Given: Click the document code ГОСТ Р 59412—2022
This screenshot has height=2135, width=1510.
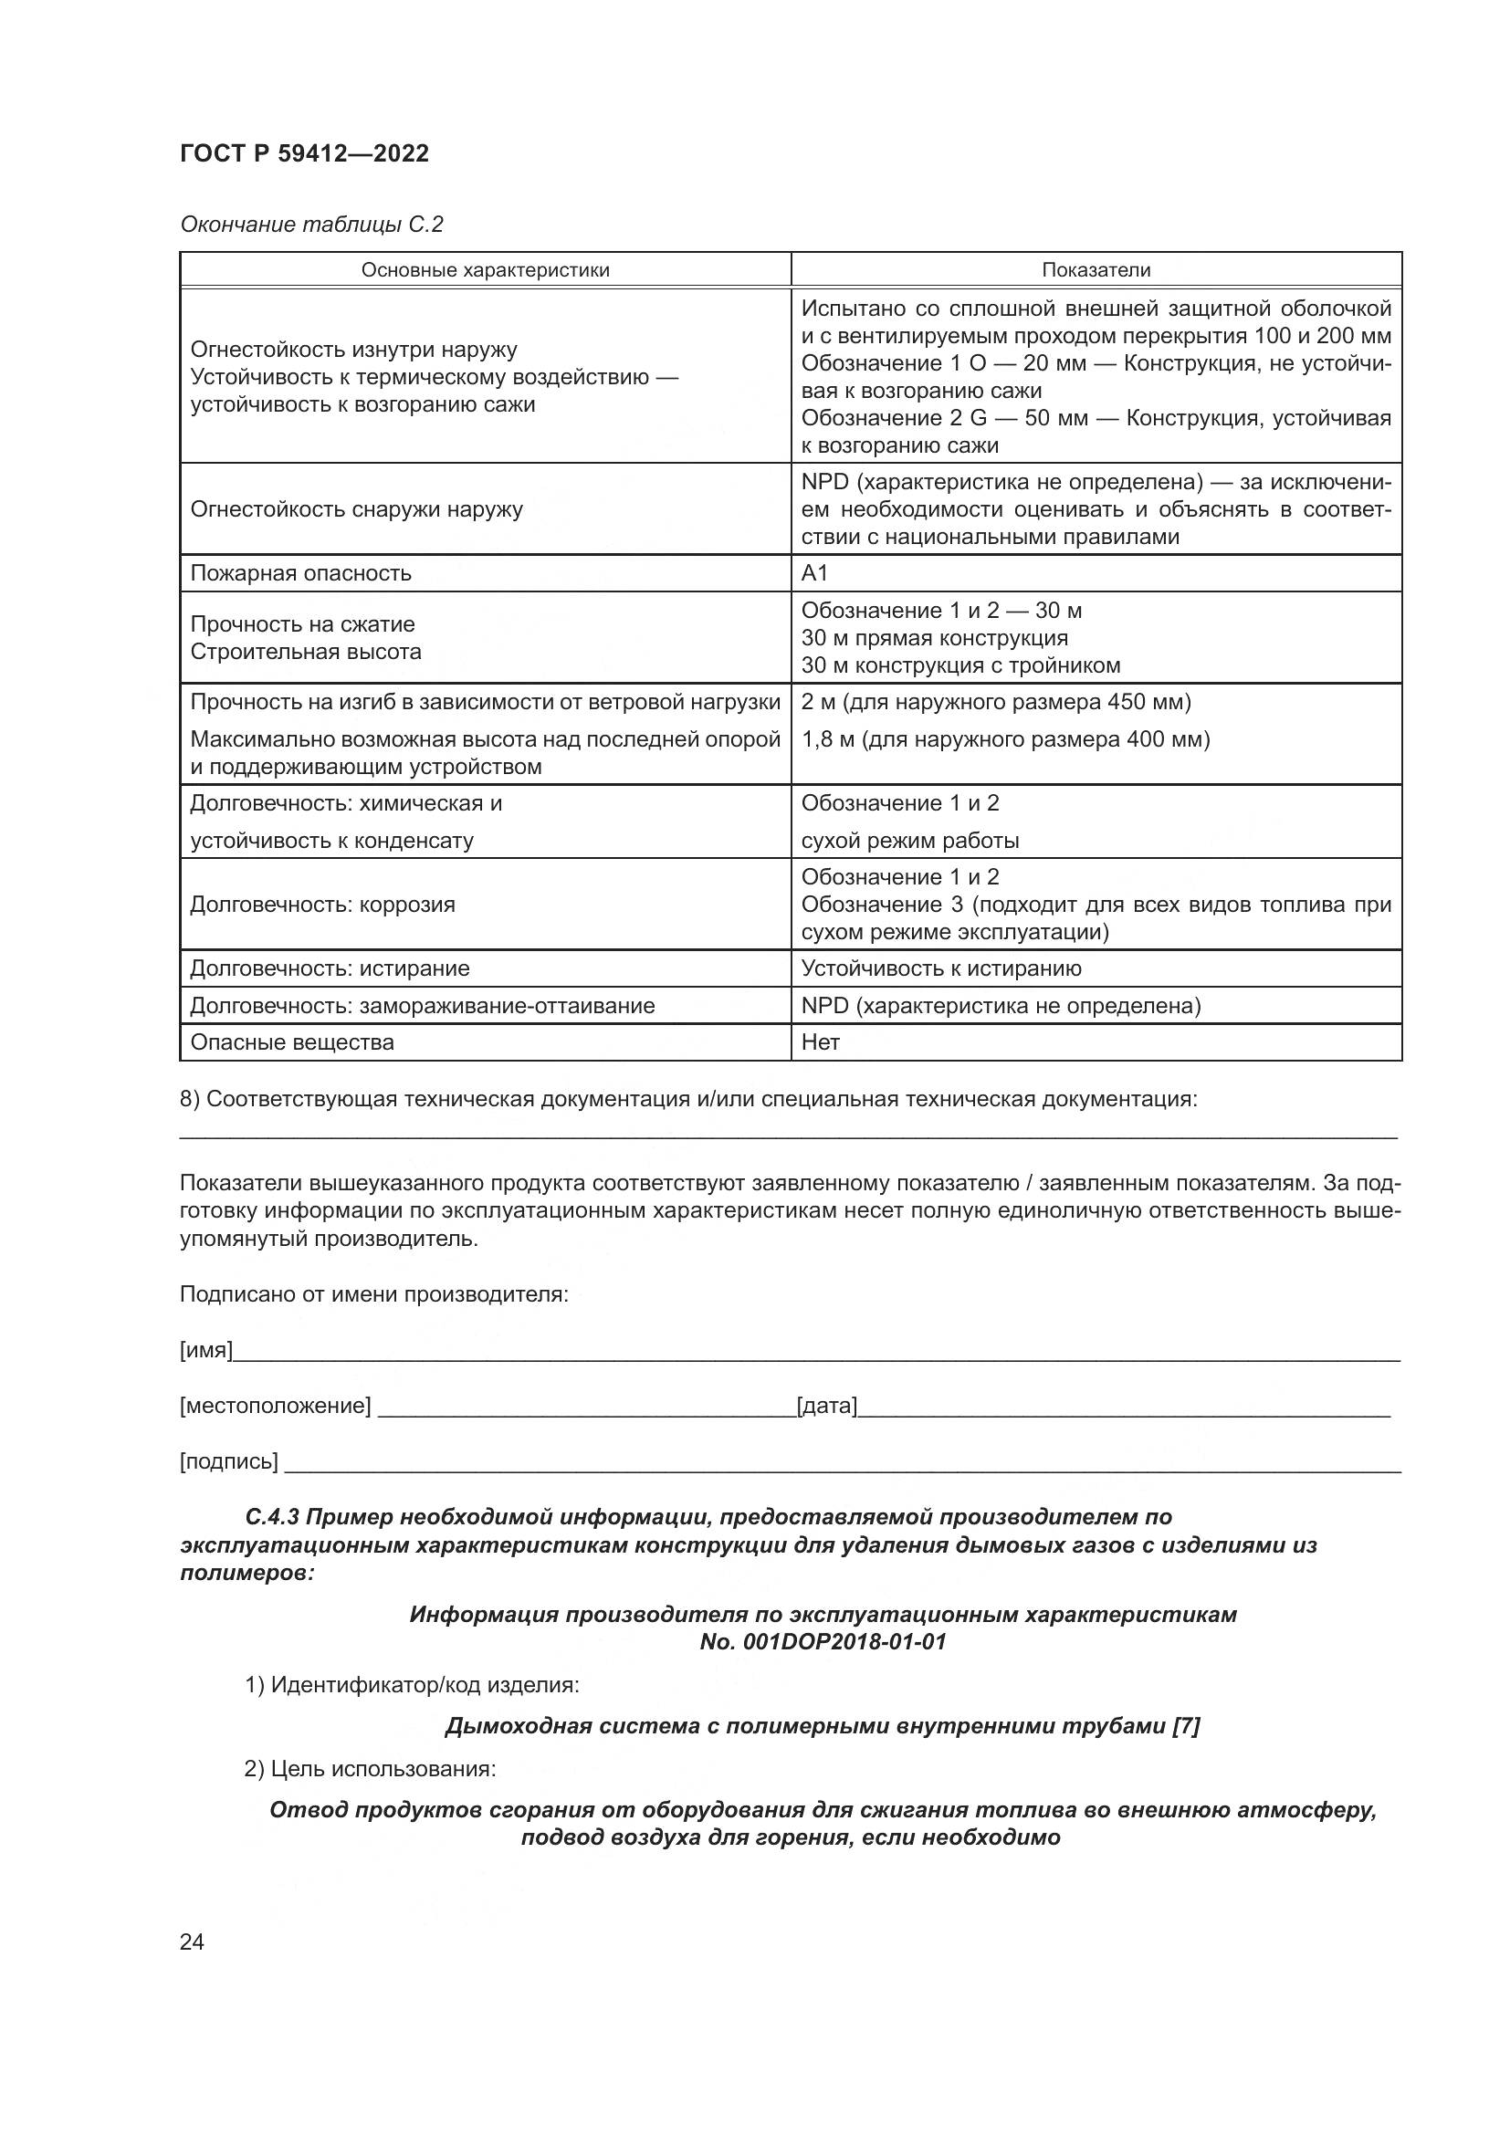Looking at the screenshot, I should pos(304,154).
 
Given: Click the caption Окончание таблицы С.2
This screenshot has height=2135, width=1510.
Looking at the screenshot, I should pos(311,225).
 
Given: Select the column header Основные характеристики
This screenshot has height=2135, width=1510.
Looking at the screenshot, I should pos(486,270).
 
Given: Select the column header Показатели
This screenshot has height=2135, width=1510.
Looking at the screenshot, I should pos(1096,270).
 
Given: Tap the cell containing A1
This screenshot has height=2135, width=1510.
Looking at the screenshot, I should pos(814,574).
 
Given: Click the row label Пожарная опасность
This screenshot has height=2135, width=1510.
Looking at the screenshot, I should pos(301,574).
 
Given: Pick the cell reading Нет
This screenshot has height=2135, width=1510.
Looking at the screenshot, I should pos(820,1042).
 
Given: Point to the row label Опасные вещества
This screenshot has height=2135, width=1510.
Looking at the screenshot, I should pos(292,1042).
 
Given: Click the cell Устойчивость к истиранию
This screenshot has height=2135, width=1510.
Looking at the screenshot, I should pos(941,969).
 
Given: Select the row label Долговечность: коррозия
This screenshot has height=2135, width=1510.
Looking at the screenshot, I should pos(322,905).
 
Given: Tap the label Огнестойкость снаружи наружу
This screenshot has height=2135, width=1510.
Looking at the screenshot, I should pos(357,509).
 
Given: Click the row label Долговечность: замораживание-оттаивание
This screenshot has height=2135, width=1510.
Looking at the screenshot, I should pos(422,1006).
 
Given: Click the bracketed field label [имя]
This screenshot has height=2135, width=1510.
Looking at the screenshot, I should pos(205,1350).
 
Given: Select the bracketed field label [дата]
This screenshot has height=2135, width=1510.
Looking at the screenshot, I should pos(826,1406).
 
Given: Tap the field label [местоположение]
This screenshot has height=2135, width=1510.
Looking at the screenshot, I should pos(275,1406).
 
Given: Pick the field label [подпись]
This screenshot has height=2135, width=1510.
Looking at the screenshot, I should pos(229,1461).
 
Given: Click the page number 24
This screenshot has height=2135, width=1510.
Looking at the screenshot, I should pos(192,1941).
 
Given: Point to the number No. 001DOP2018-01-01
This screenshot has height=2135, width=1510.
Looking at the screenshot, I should pos(823,1641).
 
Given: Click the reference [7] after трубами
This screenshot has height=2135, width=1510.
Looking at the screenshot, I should pos(1186,1726).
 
